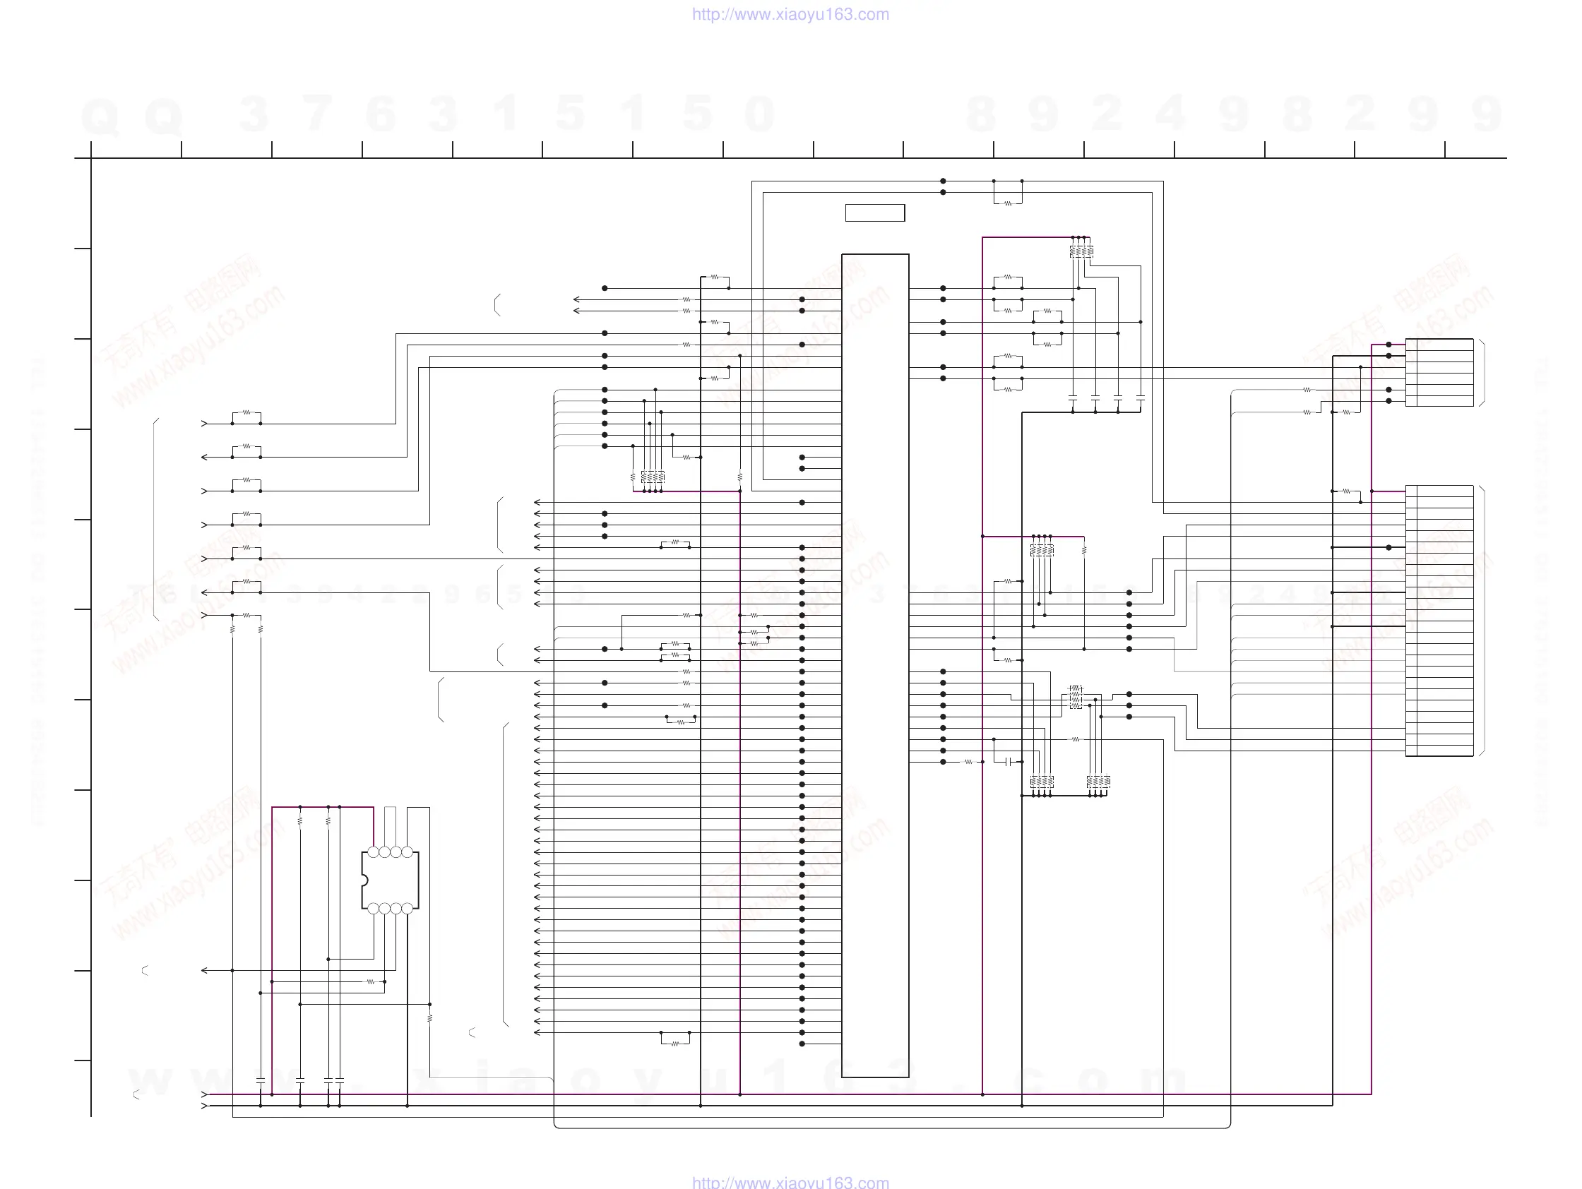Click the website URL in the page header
[790, 14]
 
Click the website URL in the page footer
[790, 1182]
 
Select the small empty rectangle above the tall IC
[874, 213]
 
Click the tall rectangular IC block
[874, 665]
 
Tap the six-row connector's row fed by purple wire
[1439, 345]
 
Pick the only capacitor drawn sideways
[1008, 762]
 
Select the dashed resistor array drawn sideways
[1076, 697]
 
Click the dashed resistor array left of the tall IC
[653, 476]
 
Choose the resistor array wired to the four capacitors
[1081, 251]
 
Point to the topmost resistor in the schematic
[1008, 203]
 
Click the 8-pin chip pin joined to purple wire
[374, 852]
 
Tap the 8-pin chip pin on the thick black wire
[407, 909]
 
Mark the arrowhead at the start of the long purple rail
[205, 1094]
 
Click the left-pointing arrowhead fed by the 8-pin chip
[205, 970]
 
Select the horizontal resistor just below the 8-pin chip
[371, 981]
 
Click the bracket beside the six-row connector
[1482, 373]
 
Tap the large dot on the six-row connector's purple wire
[1389, 345]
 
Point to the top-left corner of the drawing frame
[91, 158]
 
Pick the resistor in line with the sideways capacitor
[968, 762]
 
